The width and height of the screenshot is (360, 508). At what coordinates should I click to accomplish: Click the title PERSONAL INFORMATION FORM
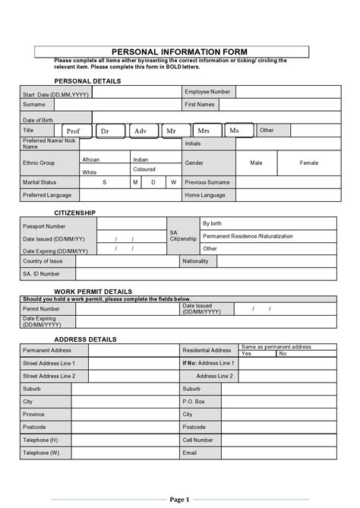[x=171, y=51]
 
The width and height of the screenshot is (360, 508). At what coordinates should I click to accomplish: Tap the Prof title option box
[x=73, y=131]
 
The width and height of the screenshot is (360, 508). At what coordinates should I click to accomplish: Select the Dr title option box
[x=106, y=131]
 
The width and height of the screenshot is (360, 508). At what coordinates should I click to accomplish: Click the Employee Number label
[x=207, y=92]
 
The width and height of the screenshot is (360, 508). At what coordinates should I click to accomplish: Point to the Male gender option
[x=256, y=162]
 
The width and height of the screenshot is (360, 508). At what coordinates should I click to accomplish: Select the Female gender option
[x=309, y=162]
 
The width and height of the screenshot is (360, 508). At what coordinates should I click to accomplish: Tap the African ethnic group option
[x=91, y=159]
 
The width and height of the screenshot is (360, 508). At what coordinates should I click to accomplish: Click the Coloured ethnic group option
[x=144, y=170]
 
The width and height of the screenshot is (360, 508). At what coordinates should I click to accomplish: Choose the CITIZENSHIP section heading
[x=74, y=213]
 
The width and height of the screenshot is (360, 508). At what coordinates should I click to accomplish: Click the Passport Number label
[x=44, y=226]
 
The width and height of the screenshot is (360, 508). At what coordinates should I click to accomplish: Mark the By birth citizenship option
[x=212, y=223]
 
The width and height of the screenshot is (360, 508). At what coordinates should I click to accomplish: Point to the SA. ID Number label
[x=41, y=273]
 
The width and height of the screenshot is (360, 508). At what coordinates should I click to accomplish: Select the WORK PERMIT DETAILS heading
[x=93, y=291]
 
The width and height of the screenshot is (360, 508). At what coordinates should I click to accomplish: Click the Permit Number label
[x=41, y=309]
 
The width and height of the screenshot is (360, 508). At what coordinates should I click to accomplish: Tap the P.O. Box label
[x=194, y=401]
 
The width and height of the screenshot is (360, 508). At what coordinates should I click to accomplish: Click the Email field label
[x=190, y=453]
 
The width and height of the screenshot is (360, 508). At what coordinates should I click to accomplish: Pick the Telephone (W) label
[x=41, y=453]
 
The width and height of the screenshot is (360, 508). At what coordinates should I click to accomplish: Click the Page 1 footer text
[x=180, y=499]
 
